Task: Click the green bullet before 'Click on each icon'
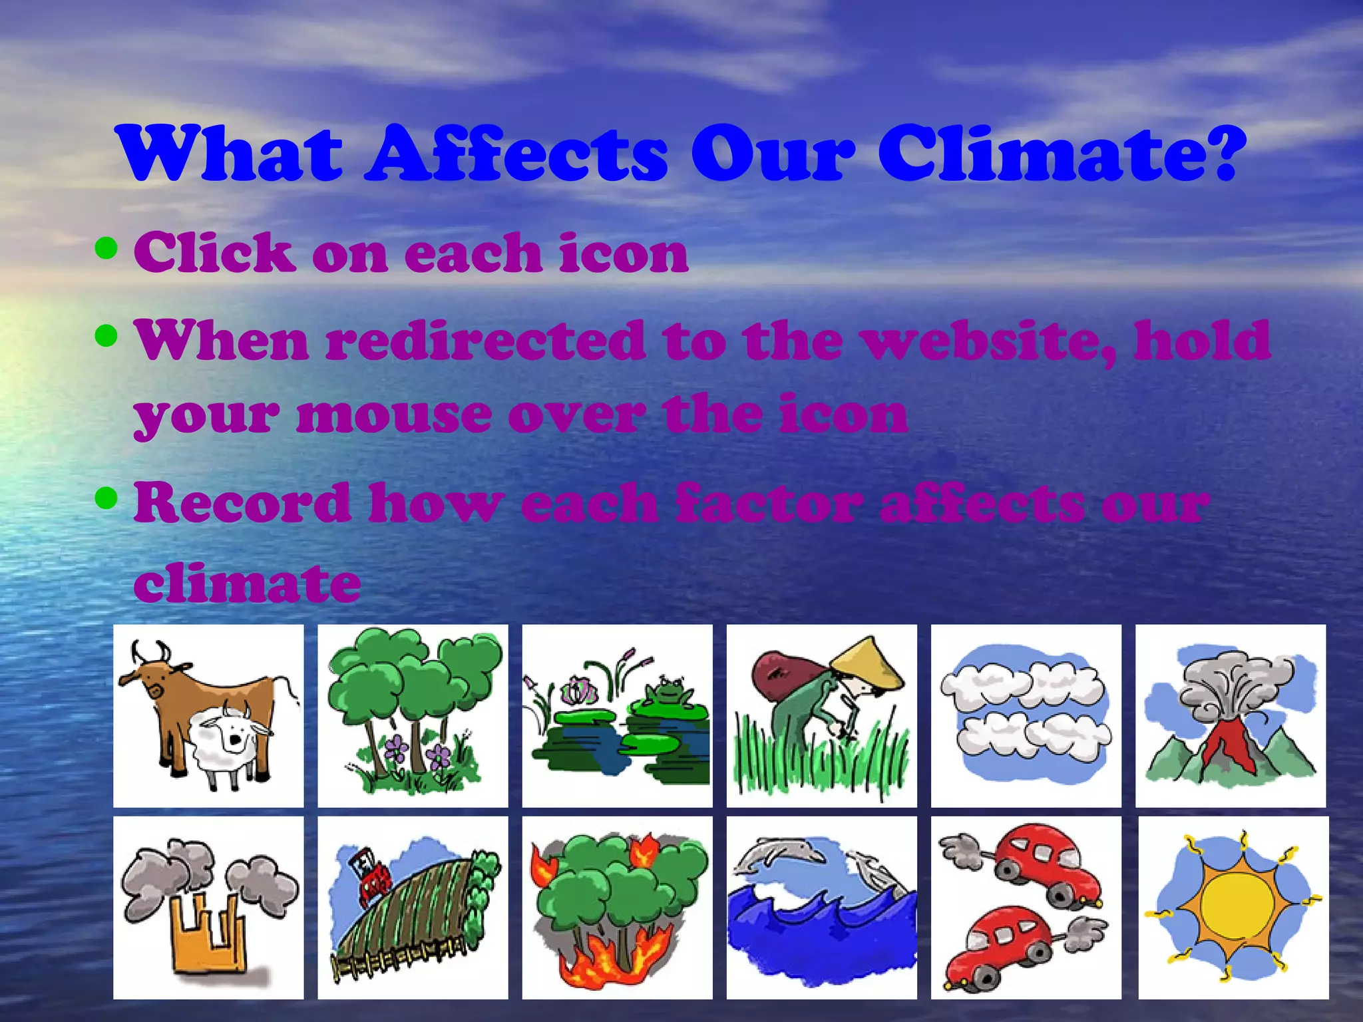[106, 248]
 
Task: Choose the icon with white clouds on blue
[1026, 715]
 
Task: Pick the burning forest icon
[617, 908]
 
